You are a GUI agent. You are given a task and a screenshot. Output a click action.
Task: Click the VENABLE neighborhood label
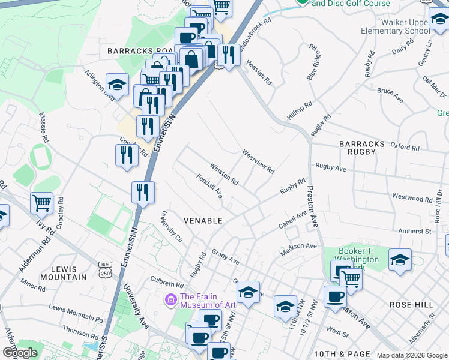tap(203, 221)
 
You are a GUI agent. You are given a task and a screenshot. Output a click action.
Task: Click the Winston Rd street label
tap(224, 173)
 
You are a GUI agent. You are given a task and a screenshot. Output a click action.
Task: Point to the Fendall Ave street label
tap(209, 187)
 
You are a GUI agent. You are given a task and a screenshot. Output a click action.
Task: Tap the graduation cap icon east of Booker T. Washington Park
tap(400, 260)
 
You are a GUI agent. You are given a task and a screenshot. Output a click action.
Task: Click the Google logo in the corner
tap(20, 353)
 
